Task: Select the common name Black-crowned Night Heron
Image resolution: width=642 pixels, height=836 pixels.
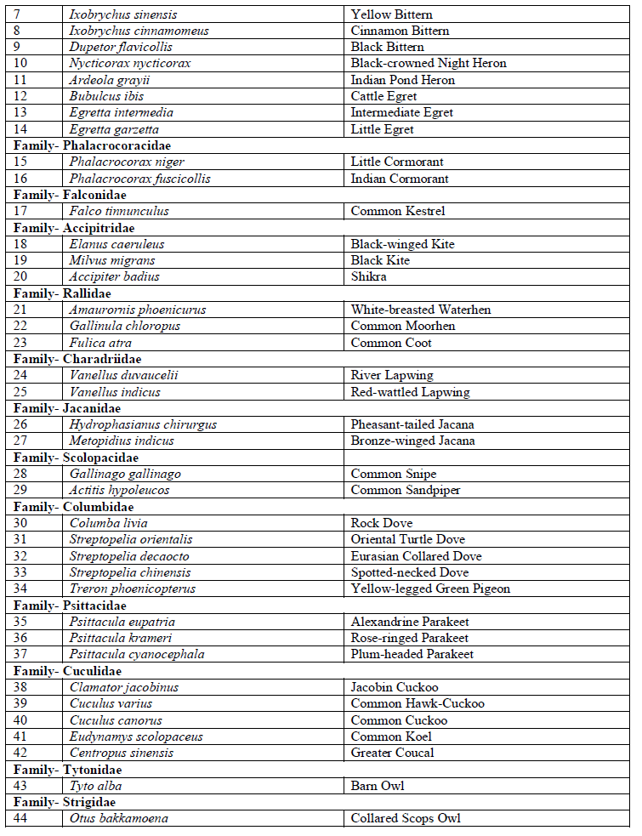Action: [x=428, y=64]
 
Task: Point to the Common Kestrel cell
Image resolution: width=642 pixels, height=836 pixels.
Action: [x=398, y=211]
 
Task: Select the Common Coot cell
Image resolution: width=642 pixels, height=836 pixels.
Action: [x=391, y=343]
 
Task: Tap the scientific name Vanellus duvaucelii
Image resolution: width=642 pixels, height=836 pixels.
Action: [x=124, y=375]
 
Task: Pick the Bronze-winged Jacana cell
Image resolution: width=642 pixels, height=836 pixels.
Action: [x=412, y=441]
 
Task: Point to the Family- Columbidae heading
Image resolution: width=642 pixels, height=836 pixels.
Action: [x=74, y=507]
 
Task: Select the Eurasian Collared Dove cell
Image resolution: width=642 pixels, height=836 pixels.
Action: [x=416, y=556]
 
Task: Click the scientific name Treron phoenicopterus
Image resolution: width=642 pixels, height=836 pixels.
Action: [x=133, y=589]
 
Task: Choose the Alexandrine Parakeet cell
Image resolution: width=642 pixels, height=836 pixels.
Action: [x=410, y=622]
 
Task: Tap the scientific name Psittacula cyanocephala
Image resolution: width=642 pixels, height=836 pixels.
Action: [x=137, y=654]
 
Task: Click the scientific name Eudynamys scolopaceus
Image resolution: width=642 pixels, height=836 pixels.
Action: [x=136, y=736]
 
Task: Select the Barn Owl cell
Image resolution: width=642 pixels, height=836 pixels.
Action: [x=378, y=786]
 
